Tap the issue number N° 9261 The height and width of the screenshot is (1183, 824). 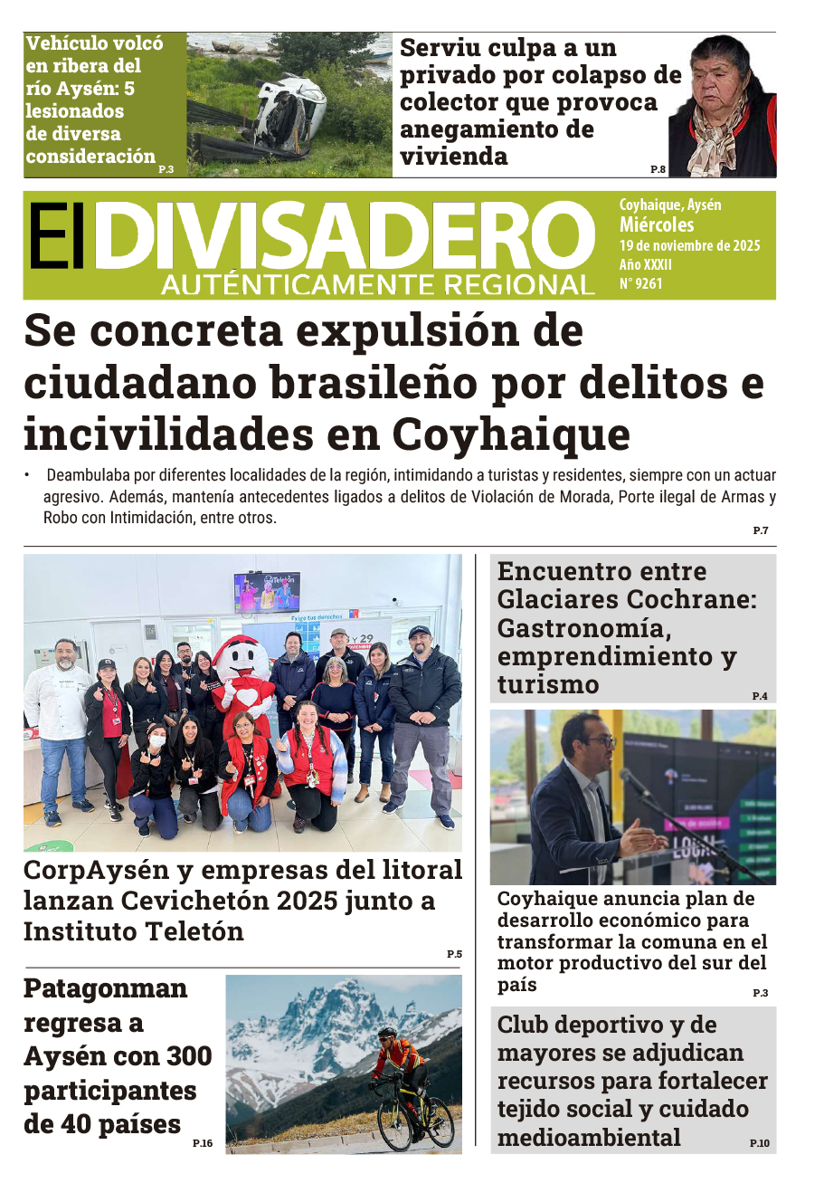[x=641, y=283]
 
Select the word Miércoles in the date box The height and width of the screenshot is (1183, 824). [x=657, y=224]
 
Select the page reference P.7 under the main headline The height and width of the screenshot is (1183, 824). [x=760, y=530]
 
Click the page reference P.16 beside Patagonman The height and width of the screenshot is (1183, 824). [x=203, y=1144]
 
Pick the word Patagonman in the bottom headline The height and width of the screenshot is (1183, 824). [x=105, y=987]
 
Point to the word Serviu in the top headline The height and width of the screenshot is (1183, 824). [x=443, y=48]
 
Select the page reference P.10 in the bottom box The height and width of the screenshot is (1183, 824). [x=759, y=1144]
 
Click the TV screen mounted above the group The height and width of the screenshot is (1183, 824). [x=267, y=592]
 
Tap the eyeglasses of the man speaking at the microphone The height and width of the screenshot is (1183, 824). [x=598, y=740]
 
